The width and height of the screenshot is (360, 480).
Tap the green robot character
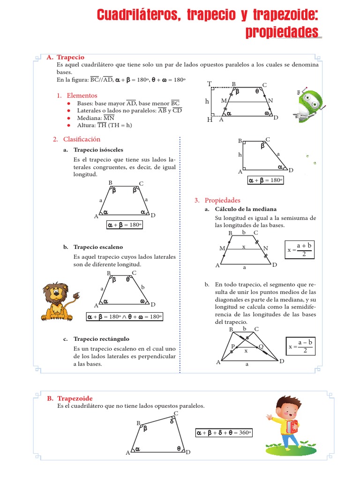coord(307,105)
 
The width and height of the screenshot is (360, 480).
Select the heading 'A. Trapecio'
coord(65,57)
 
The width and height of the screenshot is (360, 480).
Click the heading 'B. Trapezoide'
coord(69,398)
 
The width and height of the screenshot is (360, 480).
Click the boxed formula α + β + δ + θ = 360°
coord(223,433)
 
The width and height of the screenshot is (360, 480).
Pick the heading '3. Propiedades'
coord(217,200)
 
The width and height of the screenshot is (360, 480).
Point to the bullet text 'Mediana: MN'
coord(96,118)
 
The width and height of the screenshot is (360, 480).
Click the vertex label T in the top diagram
coord(210,84)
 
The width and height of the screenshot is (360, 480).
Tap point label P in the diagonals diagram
coord(232,346)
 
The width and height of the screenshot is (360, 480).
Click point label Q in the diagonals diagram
coord(261,346)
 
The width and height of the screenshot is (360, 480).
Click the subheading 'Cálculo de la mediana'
coord(246,209)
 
